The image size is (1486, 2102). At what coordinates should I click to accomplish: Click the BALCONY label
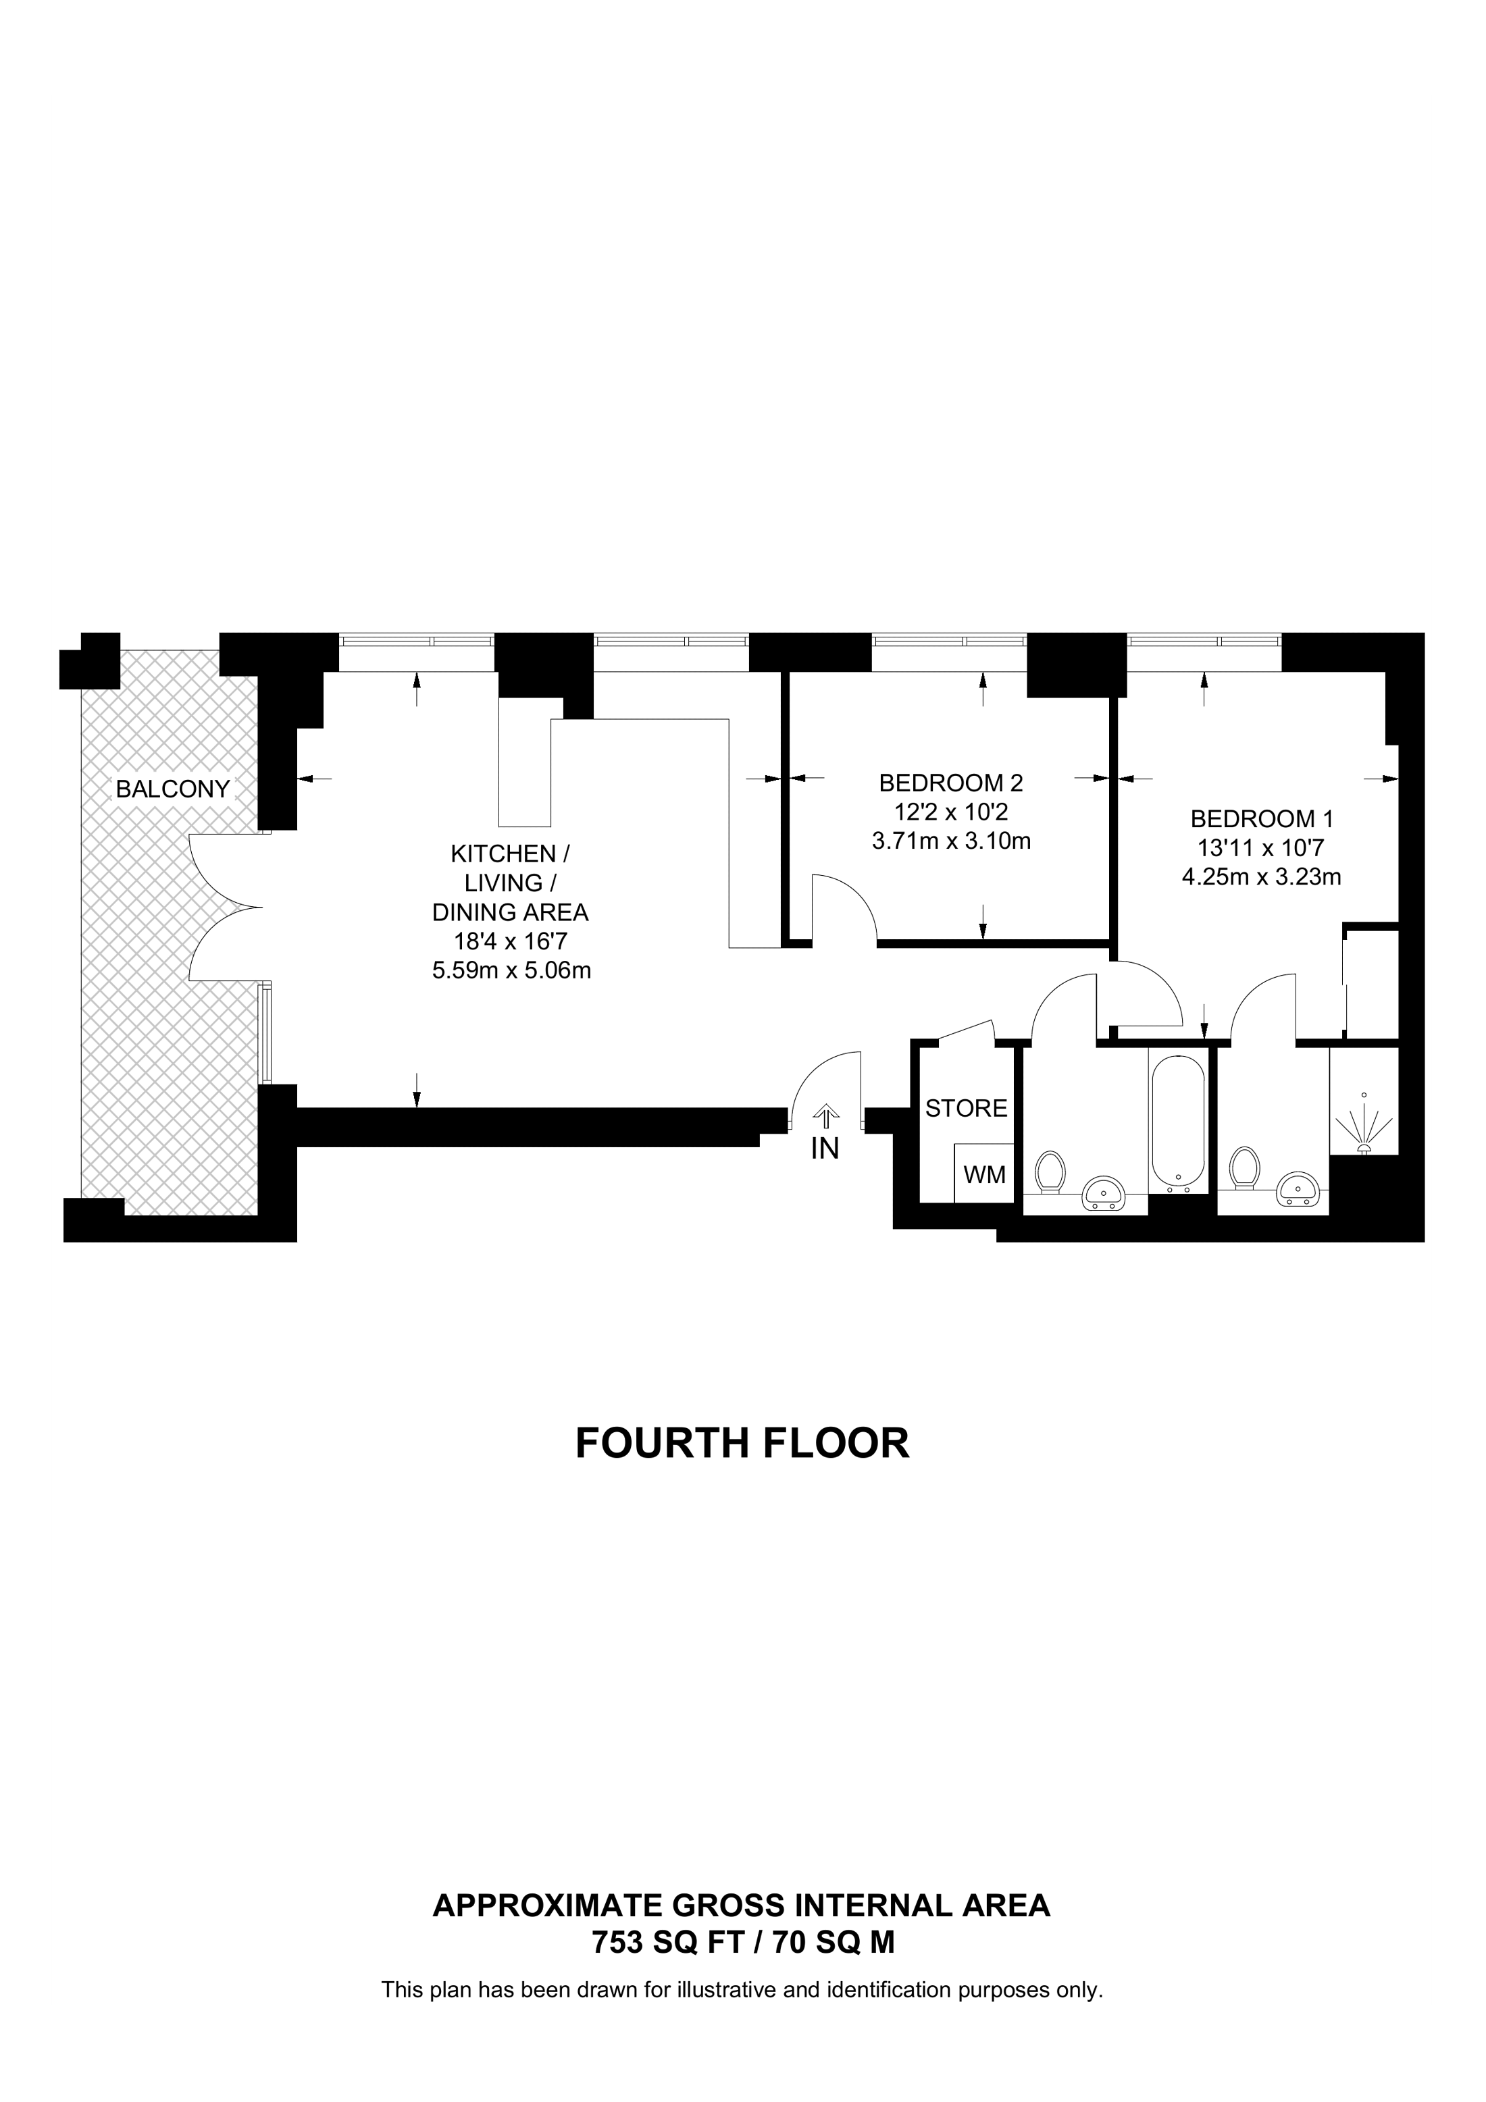coord(172,789)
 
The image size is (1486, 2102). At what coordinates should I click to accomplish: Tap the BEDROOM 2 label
coord(950,783)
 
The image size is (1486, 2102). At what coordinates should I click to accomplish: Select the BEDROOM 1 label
coord(1262,818)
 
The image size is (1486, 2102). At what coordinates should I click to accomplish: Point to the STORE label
coord(966,1109)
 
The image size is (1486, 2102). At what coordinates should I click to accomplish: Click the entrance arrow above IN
coord(825,1116)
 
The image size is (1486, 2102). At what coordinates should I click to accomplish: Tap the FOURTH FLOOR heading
coord(742,1443)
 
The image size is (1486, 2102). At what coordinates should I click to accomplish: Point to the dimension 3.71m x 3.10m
coord(951,841)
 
